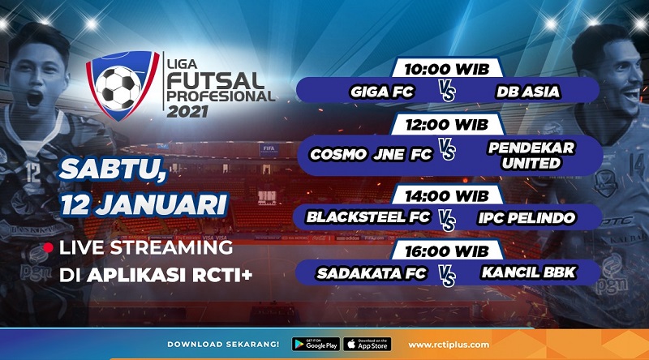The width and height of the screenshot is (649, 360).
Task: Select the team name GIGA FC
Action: point(382,92)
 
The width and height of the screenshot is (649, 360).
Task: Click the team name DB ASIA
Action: point(527,92)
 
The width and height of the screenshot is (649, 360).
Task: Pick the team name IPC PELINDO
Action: point(526,217)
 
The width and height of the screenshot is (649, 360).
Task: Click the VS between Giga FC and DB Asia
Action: point(449,92)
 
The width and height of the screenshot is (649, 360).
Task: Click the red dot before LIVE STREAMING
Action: point(49,247)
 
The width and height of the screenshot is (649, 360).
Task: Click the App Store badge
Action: point(367,345)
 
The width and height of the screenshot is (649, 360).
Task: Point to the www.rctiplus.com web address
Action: point(448,345)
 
